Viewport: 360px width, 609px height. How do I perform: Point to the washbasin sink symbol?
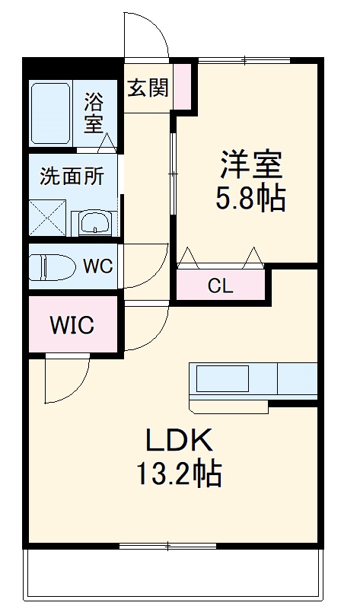[95, 223]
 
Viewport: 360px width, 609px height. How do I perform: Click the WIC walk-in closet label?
[72, 327]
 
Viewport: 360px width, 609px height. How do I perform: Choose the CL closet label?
[221, 287]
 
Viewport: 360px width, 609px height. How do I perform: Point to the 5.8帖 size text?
[251, 199]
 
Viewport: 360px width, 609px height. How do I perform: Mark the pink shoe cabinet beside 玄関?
[182, 87]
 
